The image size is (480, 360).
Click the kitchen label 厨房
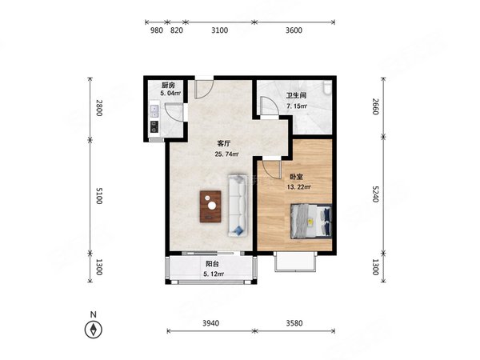168,85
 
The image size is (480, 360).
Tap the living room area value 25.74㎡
226,154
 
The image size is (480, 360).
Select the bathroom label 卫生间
296,95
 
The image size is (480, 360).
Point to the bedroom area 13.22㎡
298,187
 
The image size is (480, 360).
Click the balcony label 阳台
212,264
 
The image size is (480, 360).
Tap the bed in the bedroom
311,221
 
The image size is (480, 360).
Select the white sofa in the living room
238,206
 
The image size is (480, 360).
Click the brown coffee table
210,206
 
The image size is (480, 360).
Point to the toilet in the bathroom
328,86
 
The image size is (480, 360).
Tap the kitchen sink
154,111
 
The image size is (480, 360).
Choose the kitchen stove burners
154,126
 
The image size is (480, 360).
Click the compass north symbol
94,330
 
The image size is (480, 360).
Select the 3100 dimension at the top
220,30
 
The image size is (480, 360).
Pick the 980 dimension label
156,30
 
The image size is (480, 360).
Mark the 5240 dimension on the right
376,194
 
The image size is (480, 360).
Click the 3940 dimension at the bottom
211,323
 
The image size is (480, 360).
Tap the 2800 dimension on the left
98,108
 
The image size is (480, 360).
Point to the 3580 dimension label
294,323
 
